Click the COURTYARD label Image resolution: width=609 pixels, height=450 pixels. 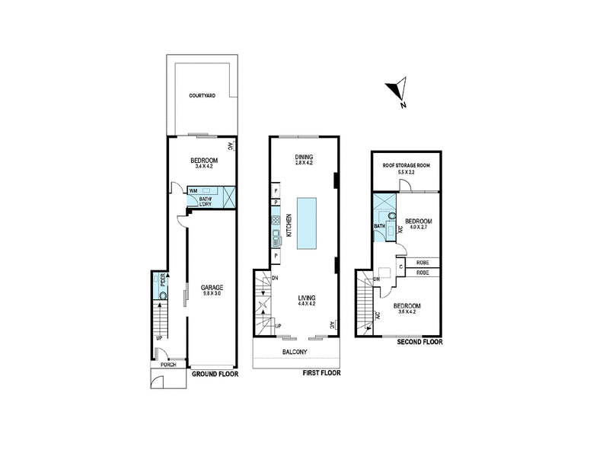[x=202, y=97]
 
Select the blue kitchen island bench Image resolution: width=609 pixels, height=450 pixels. [x=306, y=222]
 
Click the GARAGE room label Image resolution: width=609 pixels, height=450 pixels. [x=212, y=287]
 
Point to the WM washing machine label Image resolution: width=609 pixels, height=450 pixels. [x=193, y=190]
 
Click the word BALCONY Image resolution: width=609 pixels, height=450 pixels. [x=294, y=351]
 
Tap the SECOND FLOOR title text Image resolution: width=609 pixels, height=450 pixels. [x=419, y=342]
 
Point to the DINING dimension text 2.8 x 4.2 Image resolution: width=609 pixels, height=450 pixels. [x=304, y=163]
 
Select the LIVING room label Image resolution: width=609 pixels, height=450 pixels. [x=307, y=297]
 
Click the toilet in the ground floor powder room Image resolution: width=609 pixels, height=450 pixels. [x=161, y=290]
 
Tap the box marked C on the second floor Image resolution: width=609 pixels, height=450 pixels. [x=400, y=267]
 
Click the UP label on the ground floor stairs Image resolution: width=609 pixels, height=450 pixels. [x=159, y=337]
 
